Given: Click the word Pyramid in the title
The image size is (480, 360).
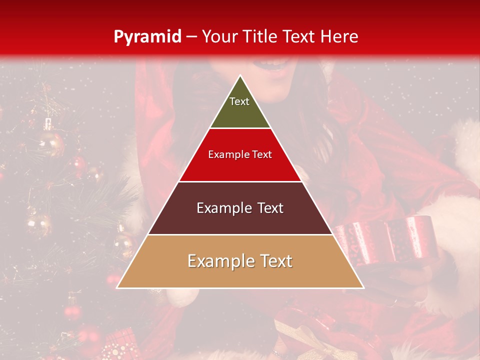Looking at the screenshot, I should [x=147, y=36].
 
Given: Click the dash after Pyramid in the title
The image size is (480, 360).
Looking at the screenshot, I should [x=191, y=37].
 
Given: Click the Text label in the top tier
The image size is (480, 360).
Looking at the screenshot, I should [x=239, y=101].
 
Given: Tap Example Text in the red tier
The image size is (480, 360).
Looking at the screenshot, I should [x=240, y=154].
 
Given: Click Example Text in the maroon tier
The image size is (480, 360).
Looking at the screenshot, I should [x=240, y=208].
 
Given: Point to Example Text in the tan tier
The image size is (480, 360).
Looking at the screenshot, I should [x=240, y=261].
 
